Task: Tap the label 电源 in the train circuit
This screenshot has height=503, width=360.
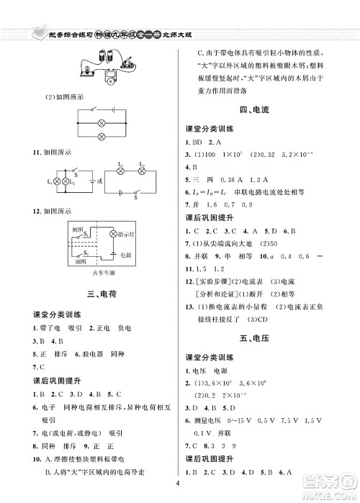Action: (127, 255)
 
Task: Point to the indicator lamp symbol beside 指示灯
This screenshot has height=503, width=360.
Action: (112, 235)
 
